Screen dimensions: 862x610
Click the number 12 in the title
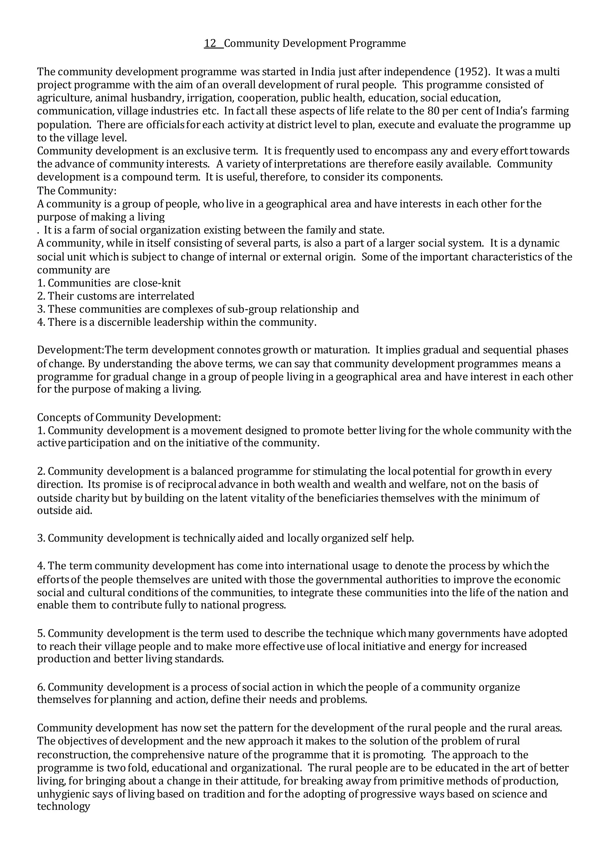210,43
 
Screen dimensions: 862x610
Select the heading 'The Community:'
77,191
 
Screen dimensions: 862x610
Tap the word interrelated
166,296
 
